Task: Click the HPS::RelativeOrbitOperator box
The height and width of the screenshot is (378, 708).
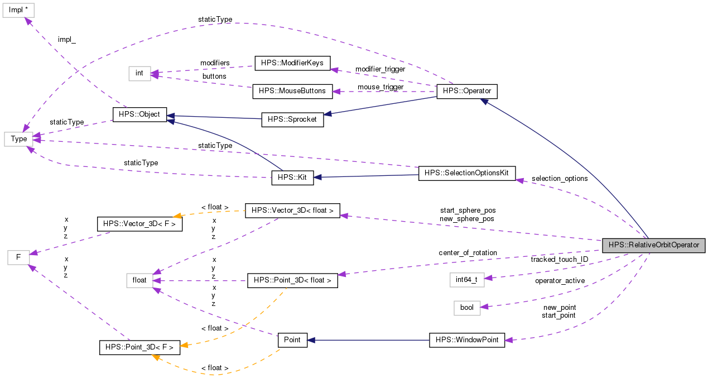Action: [653, 245]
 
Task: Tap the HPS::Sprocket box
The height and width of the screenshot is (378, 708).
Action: [292, 119]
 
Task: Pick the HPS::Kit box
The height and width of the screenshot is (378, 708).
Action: [292, 178]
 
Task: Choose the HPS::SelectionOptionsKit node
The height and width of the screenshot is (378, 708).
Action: [466, 173]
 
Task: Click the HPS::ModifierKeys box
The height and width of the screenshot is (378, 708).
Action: [292, 63]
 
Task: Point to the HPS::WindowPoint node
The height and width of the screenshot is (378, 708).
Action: [466, 340]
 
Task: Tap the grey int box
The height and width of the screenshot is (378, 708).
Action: [139, 73]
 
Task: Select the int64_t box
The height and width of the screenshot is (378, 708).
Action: [466, 279]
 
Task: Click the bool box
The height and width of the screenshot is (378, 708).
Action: [466, 308]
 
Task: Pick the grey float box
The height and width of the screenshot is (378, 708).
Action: [139, 280]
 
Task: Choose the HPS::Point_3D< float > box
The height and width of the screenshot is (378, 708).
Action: [292, 280]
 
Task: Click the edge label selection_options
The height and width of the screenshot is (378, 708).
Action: [560, 179]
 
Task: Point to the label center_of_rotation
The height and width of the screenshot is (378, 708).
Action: [468, 253]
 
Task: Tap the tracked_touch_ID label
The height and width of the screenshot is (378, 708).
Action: [559, 260]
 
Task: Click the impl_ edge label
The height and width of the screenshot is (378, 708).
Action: [67, 40]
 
